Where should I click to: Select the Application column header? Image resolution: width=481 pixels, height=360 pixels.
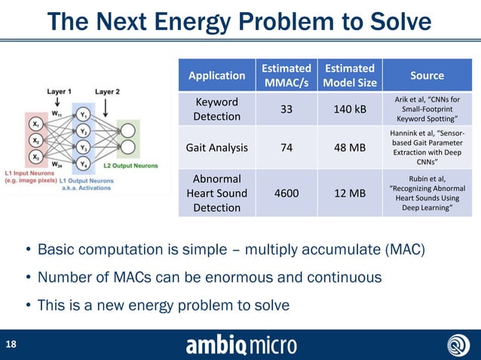[x=216, y=75]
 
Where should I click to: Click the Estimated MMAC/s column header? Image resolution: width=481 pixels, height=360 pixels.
[x=286, y=75]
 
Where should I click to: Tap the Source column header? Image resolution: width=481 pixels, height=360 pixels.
[x=427, y=75]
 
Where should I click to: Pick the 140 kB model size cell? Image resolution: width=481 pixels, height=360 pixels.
[x=350, y=109]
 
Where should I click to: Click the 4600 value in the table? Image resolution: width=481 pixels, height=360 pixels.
[x=286, y=194]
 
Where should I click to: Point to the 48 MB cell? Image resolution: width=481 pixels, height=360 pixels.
[x=350, y=148]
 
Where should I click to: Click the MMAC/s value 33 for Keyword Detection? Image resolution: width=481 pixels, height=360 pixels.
[x=286, y=109]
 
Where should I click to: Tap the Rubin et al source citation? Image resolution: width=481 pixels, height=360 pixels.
[x=427, y=194]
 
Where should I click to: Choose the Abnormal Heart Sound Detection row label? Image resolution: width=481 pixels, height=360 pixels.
[x=216, y=194]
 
